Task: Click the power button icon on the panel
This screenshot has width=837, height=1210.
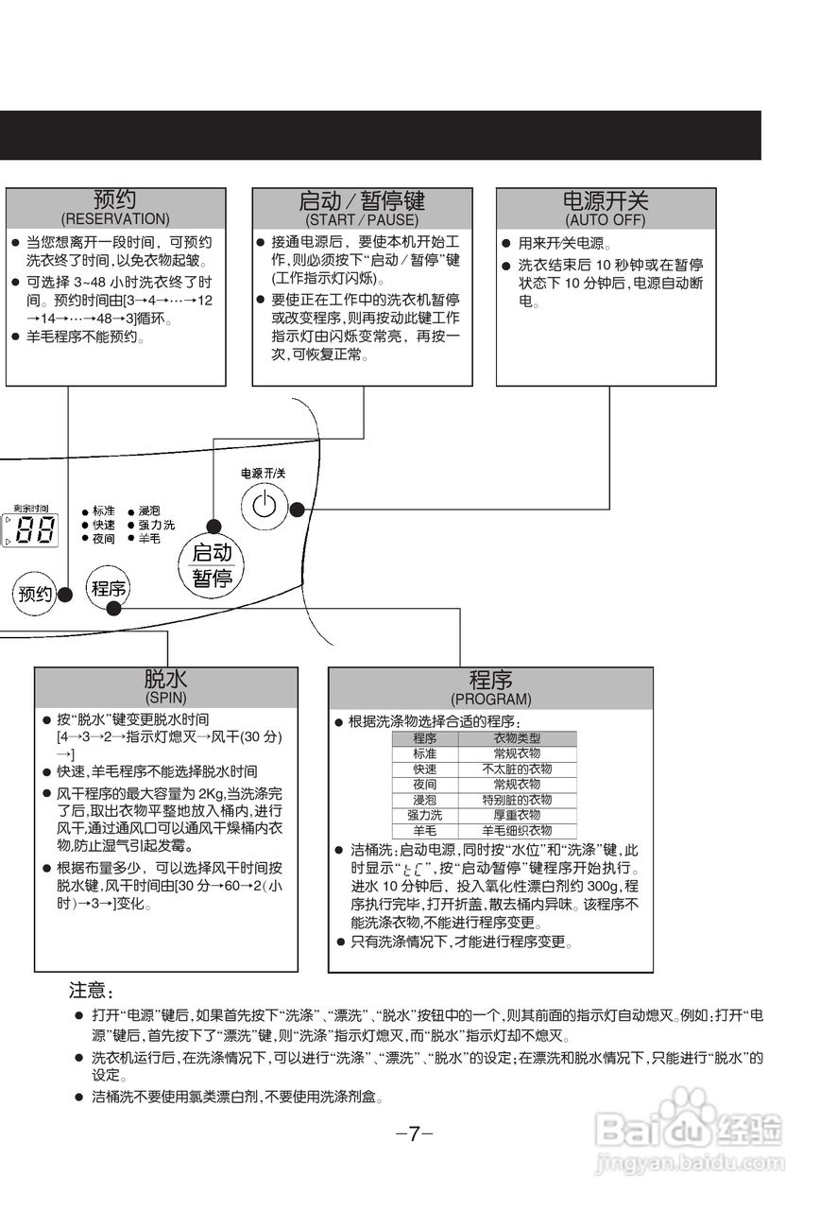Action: tap(265, 506)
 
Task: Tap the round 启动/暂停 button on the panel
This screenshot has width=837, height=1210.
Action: tap(212, 565)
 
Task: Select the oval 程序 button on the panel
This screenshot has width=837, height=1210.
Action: tap(108, 589)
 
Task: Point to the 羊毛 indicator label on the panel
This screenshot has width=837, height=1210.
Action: tap(149, 538)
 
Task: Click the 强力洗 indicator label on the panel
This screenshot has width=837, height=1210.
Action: tap(156, 525)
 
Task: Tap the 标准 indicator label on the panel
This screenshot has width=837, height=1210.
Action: tap(103, 511)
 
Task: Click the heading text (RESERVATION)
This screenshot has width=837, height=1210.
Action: tap(115, 219)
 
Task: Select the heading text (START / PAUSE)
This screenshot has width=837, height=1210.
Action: tap(362, 219)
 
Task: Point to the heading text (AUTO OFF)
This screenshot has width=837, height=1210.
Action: tap(606, 219)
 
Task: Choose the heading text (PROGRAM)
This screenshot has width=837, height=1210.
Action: tap(490, 700)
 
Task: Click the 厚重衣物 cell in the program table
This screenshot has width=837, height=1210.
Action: tap(517, 815)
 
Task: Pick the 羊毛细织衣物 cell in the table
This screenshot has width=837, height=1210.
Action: tap(517, 830)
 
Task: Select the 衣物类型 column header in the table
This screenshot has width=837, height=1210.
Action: tap(517, 738)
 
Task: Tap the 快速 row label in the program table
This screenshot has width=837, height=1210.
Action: tap(425, 769)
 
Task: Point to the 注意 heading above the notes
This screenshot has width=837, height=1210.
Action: tap(91, 992)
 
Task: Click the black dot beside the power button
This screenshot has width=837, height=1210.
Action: tap(297, 509)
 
